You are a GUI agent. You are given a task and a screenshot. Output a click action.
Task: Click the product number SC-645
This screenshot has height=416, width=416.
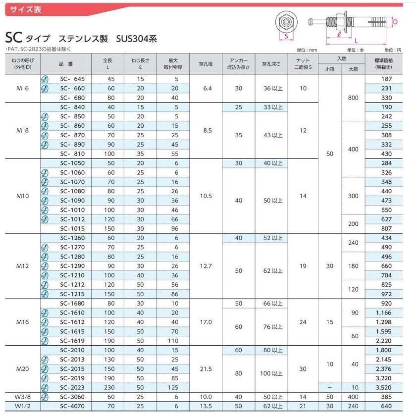click(x=72, y=79)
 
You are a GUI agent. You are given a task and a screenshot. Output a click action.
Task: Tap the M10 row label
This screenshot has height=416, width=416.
click(x=23, y=196)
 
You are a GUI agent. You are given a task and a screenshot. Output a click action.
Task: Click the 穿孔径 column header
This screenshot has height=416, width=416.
click(x=206, y=64)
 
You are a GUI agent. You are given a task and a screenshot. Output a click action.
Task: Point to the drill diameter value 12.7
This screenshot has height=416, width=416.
click(x=206, y=265)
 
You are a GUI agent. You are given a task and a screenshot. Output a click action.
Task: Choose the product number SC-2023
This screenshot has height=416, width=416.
click(x=72, y=388)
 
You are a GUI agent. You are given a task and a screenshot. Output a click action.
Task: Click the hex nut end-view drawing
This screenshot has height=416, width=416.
click(x=286, y=22)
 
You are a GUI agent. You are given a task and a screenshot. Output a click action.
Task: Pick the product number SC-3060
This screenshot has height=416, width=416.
click(x=72, y=397)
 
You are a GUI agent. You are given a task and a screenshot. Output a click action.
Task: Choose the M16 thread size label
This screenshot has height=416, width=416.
click(x=23, y=322)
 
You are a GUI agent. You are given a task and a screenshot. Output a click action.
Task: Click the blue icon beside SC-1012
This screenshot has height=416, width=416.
click(x=44, y=219)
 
